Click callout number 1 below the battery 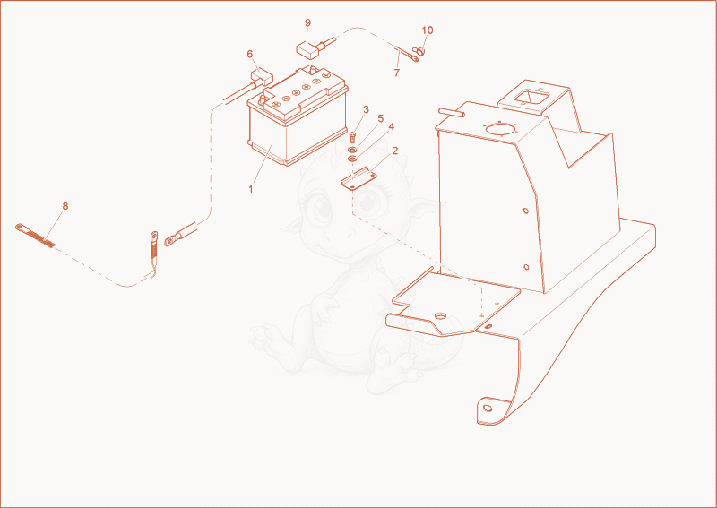pyautogui.click(x=251, y=189)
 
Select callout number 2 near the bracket pyautogui.click(x=394, y=151)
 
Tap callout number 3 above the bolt pyautogui.click(x=366, y=109)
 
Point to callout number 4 pyautogui.click(x=391, y=126)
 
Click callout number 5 pyautogui.click(x=380, y=119)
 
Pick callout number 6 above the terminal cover pyautogui.click(x=250, y=55)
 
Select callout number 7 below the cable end pyautogui.click(x=396, y=73)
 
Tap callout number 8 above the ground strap pyautogui.click(x=65, y=206)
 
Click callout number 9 pyautogui.click(x=307, y=23)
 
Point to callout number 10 pyautogui.click(x=428, y=30)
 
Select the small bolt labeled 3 pyautogui.click(x=352, y=137)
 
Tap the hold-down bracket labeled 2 pyautogui.click(x=359, y=179)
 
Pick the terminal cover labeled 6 pyautogui.click(x=261, y=78)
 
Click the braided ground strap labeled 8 pyautogui.click(x=35, y=236)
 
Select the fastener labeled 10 pyautogui.click(x=419, y=50)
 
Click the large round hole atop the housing pyautogui.click(x=500, y=129)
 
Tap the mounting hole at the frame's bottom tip pyautogui.click(x=488, y=408)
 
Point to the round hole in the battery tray pyautogui.click(x=440, y=316)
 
